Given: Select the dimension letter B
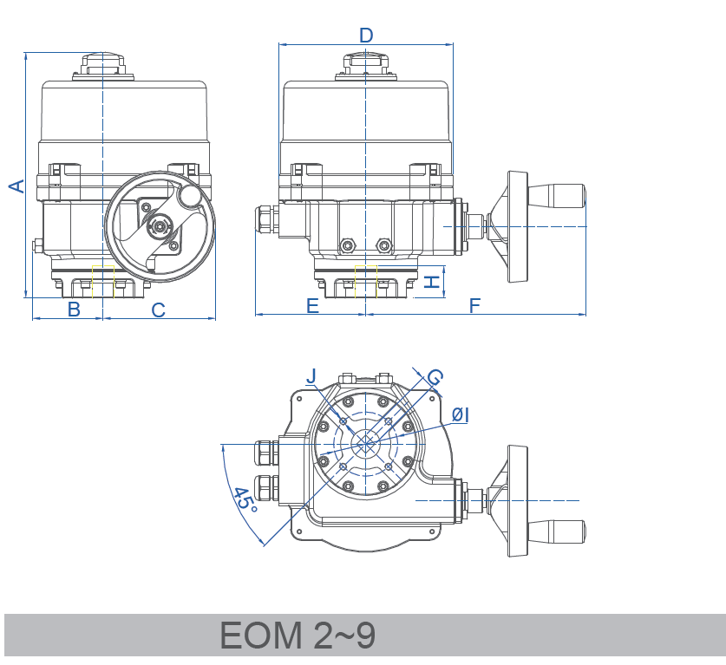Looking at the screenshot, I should [x=74, y=310].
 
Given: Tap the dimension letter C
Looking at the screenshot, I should [x=159, y=310].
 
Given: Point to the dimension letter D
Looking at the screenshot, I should [x=366, y=35].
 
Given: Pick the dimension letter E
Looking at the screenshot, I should [x=312, y=305].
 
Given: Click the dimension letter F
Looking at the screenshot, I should [x=474, y=305].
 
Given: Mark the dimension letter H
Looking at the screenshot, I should [x=432, y=281].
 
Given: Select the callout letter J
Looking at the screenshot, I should [x=312, y=375].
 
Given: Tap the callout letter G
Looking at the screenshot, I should [x=435, y=377].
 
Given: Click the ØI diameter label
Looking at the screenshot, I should [x=461, y=415].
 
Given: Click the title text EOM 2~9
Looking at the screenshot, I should [x=298, y=636].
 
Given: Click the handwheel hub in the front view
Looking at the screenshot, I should [x=160, y=228].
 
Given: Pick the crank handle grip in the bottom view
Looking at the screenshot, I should [x=557, y=529].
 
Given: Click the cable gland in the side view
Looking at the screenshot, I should [x=266, y=219].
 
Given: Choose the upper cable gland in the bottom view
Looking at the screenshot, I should [x=265, y=453].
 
